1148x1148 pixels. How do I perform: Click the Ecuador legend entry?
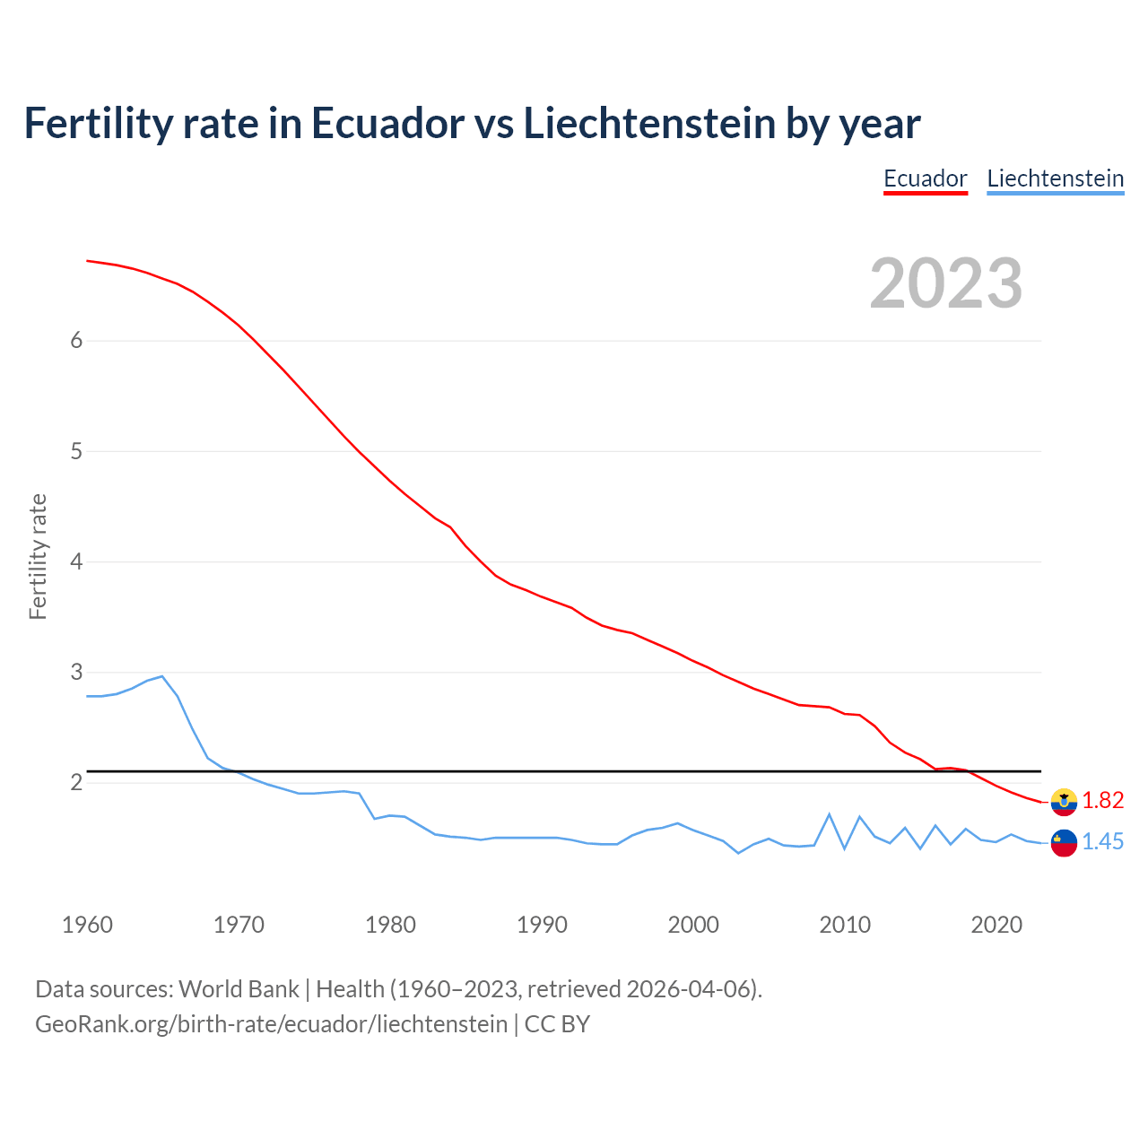coord(925,178)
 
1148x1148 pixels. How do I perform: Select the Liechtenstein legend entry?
coord(1055,178)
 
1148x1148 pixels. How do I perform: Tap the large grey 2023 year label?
coord(945,283)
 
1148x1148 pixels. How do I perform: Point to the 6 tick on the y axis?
coord(76,340)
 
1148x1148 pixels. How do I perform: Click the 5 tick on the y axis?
coord(76,451)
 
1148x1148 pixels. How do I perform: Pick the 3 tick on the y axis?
coord(76,672)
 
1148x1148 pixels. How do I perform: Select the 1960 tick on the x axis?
coord(87,925)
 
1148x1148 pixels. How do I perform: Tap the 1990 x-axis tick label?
coord(542,925)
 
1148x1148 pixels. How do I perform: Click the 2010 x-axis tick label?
coord(845,925)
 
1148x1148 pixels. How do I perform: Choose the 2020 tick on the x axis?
coord(996,925)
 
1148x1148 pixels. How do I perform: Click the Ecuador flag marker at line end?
coord(1064,802)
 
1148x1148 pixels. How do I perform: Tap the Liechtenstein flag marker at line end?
coord(1064,843)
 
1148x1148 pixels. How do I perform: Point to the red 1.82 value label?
coord(1102,800)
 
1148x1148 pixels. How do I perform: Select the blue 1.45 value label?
coord(1102,841)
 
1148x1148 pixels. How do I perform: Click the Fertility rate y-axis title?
coord(38,556)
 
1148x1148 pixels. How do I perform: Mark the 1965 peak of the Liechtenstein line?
coord(162,676)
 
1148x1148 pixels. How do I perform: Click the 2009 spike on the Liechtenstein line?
coord(830,814)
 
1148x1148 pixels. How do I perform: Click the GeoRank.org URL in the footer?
coord(271,1023)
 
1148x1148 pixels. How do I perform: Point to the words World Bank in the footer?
coord(239,988)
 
